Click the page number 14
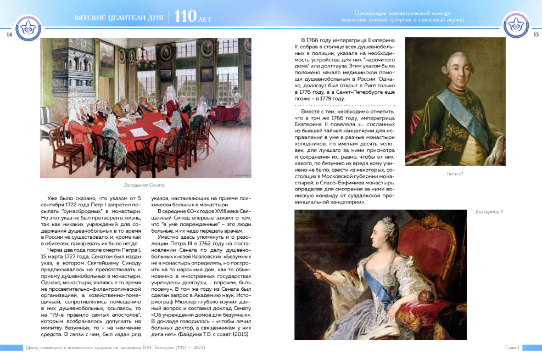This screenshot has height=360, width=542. click(9, 35)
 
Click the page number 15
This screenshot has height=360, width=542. click(536, 35)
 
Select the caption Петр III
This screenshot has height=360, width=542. click(455, 173)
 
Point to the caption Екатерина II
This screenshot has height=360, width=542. click(489, 212)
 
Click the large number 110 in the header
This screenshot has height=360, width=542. click(185, 17)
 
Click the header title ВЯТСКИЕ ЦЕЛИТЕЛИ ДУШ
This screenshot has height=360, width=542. click(119, 19)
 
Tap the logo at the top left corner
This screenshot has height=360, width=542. click(27, 26)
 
